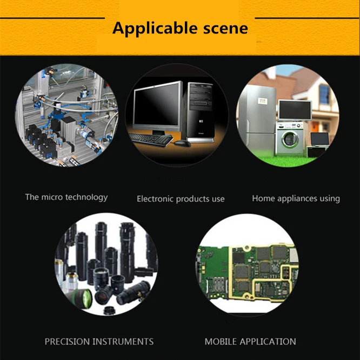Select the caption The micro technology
(x=66, y=197)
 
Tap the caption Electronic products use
(x=181, y=199)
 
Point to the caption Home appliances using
(x=296, y=198)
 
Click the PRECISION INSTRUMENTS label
(x=99, y=342)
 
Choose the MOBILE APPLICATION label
(x=250, y=342)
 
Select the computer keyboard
(x=151, y=138)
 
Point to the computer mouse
(x=181, y=143)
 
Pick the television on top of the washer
(x=295, y=110)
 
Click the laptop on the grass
(x=319, y=139)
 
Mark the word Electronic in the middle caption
(x=157, y=199)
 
